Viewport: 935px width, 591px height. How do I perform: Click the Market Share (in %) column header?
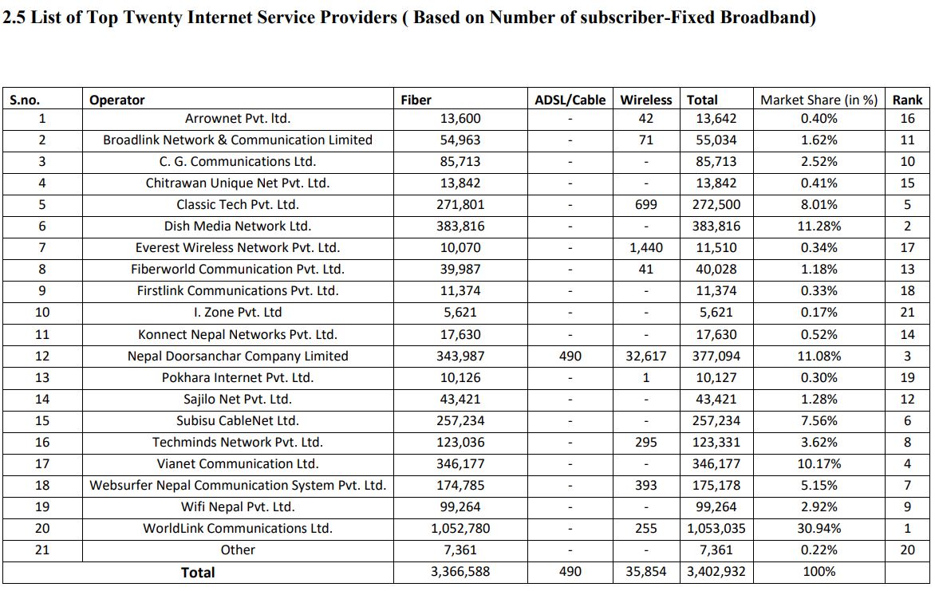point(819,100)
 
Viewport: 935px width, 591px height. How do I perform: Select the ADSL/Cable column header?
point(570,100)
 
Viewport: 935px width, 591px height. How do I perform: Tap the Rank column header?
point(907,100)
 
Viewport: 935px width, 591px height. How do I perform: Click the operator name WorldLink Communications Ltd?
point(237,528)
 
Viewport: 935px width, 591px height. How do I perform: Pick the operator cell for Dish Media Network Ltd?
point(237,226)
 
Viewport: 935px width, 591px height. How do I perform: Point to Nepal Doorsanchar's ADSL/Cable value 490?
point(570,356)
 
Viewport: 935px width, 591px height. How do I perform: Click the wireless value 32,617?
point(645,356)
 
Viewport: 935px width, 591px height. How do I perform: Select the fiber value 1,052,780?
point(460,528)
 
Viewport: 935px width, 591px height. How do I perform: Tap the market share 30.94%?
point(819,528)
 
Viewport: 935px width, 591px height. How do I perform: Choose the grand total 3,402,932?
point(716,571)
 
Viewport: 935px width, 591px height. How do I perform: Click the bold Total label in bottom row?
point(198,573)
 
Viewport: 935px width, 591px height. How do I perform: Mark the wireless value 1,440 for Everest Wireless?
point(645,247)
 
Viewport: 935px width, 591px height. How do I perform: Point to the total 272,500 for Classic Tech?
point(716,204)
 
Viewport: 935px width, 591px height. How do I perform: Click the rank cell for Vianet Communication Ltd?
point(907,463)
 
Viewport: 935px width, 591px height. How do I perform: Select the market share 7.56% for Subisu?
point(819,420)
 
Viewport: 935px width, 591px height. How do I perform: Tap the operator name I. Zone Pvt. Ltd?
point(237,312)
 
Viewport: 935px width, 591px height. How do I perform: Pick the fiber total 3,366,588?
point(460,571)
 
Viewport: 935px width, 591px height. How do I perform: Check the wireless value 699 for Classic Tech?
point(645,204)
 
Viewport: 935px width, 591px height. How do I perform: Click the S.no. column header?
point(25,100)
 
